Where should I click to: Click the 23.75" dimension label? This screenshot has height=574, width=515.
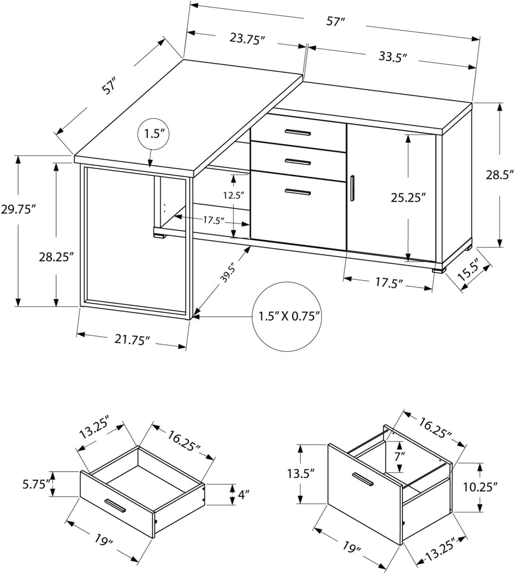click(247, 39)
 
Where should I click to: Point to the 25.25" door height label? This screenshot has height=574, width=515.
click(408, 197)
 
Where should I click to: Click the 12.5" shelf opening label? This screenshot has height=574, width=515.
click(234, 195)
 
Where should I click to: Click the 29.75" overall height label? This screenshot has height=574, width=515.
click(18, 209)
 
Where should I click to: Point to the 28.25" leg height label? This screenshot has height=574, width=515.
click(56, 256)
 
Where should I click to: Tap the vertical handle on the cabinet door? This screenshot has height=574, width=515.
click(352, 188)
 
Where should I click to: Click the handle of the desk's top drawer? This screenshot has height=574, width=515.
click(298, 133)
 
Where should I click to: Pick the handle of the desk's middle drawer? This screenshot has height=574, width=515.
click(298, 162)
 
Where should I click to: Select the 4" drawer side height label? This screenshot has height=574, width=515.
click(243, 493)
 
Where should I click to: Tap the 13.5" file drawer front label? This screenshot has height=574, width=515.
click(300, 474)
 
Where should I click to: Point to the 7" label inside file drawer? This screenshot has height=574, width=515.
click(398, 456)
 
